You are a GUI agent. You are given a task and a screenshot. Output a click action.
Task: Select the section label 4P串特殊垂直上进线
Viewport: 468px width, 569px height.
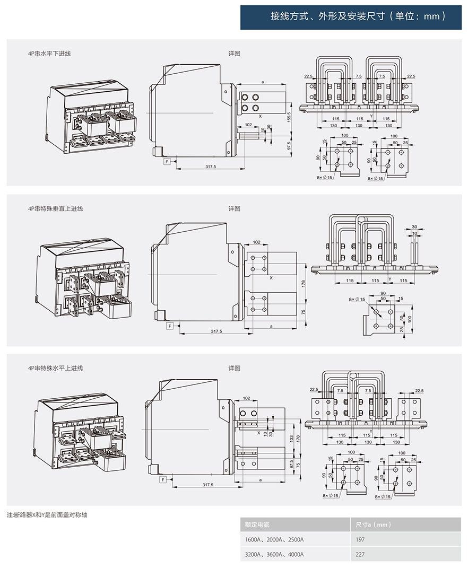(56, 208)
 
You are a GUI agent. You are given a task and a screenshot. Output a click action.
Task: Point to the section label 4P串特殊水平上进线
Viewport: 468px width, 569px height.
(56, 367)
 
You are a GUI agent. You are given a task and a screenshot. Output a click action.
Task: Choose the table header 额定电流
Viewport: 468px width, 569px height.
(257, 524)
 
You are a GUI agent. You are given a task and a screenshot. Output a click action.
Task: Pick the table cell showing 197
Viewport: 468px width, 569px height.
(359, 539)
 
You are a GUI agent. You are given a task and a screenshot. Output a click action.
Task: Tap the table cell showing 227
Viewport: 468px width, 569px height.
(359, 555)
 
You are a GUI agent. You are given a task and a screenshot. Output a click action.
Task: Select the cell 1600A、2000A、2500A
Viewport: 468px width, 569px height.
(274, 539)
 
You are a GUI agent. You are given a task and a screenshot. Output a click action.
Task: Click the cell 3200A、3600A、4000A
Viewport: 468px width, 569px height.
(274, 555)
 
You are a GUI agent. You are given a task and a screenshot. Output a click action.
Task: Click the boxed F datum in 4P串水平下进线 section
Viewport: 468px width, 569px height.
(167, 161)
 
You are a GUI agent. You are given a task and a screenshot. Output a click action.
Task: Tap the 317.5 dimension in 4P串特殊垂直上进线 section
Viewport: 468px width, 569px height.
(216, 331)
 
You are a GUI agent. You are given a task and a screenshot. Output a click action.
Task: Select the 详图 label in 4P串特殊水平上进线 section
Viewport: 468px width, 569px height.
(235, 367)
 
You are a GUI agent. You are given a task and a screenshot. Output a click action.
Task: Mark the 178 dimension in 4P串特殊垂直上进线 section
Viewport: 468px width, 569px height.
(304, 283)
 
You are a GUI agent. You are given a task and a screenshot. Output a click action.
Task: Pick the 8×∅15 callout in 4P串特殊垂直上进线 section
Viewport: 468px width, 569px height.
(357, 300)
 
